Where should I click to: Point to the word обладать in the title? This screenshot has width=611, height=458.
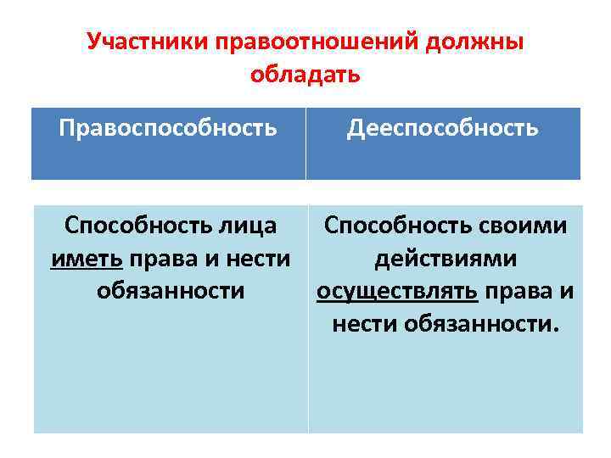coord(305,75)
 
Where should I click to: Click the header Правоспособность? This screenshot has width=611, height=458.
coord(168,128)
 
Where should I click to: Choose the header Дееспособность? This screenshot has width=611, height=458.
coord(442,128)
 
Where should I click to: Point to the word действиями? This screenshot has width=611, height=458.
coord(446,259)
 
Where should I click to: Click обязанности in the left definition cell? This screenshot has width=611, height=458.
coord(171,292)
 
